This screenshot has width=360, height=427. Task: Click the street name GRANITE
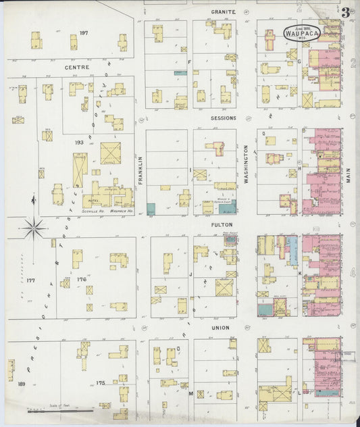223,11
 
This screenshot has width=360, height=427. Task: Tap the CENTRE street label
77,68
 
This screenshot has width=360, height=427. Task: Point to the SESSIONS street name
223,118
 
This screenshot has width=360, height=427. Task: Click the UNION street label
220,328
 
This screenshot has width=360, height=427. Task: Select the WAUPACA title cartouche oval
298,32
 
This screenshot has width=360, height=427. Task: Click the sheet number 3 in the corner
346,11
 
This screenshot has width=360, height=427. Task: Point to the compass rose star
34,227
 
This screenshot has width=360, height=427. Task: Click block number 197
84,32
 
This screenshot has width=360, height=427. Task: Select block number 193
79,143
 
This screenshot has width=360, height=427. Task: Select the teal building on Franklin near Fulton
151,209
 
